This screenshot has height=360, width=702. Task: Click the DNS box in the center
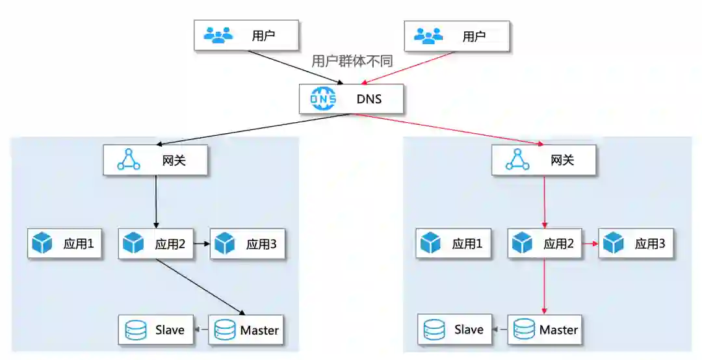[x=351, y=99]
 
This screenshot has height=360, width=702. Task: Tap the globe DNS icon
[x=323, y=99]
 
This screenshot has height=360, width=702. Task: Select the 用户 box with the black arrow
[x=246, y=35]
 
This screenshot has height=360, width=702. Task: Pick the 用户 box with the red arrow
[x=456, y=35]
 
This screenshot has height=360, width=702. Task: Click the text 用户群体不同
[x=352, y=60]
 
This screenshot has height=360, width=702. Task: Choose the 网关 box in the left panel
[x=155, y=160]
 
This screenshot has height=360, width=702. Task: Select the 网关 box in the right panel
[x=543, y=160]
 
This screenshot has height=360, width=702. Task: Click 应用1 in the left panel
[x=64, y=244]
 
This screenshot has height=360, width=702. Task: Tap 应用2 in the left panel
[x=156, y=244]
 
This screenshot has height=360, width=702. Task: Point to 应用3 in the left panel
[x=248, y=244]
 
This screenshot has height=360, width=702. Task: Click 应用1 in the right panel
[x=454, y=244]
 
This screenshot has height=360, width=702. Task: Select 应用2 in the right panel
[x=545, y=244]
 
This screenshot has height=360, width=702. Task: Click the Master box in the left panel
[x=247, y=329]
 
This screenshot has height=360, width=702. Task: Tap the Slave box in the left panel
[x=157, y=329]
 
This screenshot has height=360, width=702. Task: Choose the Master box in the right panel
[x=545, y=329]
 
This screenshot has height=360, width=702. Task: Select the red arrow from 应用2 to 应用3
[x=590, y=244]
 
